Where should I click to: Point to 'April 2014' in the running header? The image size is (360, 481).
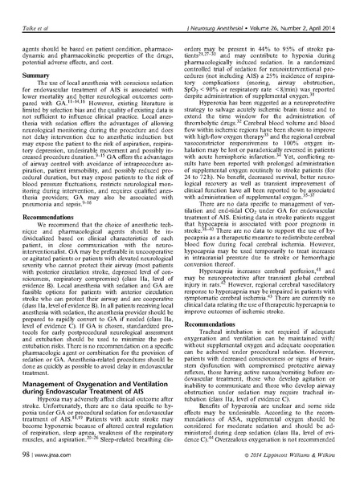coord(324,11)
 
